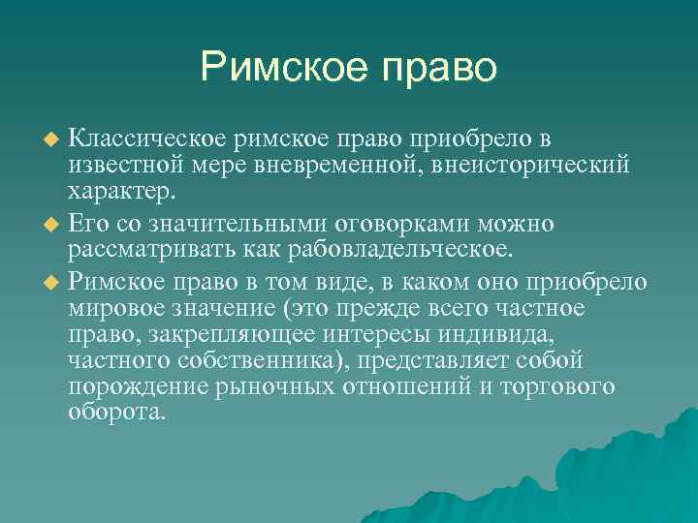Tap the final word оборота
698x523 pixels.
[x=116, y=411]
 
